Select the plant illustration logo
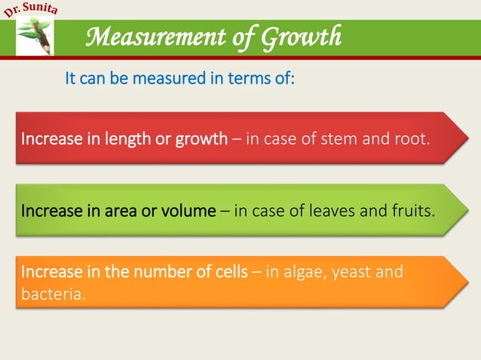coord(35,38)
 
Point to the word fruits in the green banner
coord(414,211)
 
